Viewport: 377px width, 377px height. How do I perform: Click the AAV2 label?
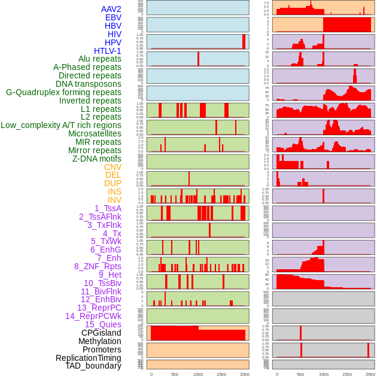pyautogui.click(x=111, y=9)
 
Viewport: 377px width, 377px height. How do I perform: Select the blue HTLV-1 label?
pyautogui.click(x=107, y=51)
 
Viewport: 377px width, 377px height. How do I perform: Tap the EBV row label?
pyautogui.click(x=113, y=17)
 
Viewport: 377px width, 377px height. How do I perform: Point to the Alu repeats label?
pyautogui.click(x=99, y=59)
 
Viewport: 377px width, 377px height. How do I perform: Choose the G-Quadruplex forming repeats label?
pyautogui.click(x=63, y=92)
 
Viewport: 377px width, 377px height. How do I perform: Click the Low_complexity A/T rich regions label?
pyautogui.click(x=60, y=125)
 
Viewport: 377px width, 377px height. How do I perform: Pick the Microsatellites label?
pyautogui.click(x=95, y=133)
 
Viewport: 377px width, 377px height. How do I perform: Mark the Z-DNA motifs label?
pyautogui.click(x=96, y=159)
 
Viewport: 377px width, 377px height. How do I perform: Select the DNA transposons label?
pyautogui.click(x=89, y=84)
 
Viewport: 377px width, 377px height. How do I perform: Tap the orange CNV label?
pyautogui.click(x=113, y=167)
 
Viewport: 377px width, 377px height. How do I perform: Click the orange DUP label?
pyautogui.click(x=113, y=183)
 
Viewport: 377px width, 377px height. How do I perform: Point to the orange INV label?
pyautogui.click(x=114, y=200)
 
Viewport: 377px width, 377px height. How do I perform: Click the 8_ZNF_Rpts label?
pyautogui.click(x=98, y=266)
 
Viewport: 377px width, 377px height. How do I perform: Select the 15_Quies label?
pyautogui.click(x=102, y=324)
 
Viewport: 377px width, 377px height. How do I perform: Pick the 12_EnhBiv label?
pyautogui.click(x=101, y=299)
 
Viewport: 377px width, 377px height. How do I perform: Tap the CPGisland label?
pyautogui.click(x=101, y=333)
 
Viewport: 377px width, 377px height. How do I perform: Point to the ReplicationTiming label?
pyautogui.click(x=88, y=358)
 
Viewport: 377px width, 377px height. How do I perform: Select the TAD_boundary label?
pyautogui.click(x=93, y=366)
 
